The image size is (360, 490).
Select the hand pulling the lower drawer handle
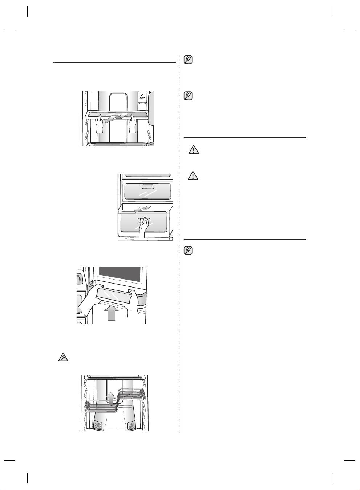[144, 229]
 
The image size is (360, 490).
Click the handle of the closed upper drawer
[147, 186]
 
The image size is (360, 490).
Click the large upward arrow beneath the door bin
[112, 312]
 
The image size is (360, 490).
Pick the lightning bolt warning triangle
[63, 357]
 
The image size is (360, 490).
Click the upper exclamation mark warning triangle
[193, 149]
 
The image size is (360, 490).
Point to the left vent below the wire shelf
[98, 423]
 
